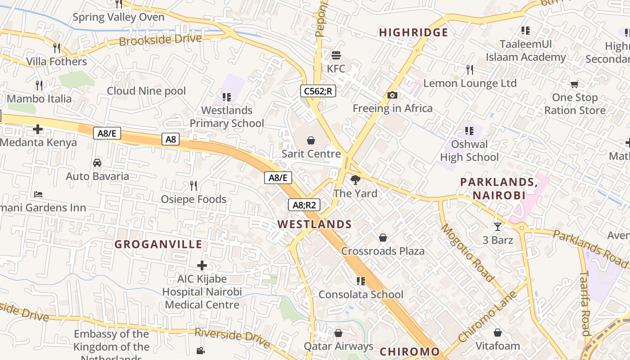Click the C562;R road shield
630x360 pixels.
coord(318,91)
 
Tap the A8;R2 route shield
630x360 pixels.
coord(304,205)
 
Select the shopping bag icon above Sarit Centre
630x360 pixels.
coord(310,141)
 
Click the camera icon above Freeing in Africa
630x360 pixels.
coord(392,95)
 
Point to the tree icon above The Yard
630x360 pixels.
coord(355,180)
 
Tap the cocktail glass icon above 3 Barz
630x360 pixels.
coord(497,227)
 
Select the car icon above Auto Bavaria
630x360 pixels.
coord(97,163)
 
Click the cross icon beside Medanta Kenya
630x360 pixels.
coord(38,130)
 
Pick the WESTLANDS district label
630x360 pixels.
coord(315,224)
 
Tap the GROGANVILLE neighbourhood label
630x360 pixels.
coord(158,244)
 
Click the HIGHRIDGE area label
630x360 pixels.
coord(414,32)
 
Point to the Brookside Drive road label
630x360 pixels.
coord(160,40)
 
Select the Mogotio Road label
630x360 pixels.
coord(467,252)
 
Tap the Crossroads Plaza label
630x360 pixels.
coord(382,251)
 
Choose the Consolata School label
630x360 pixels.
coord(361,294)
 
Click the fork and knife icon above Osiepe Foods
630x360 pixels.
coord(193,186)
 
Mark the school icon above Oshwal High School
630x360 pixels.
coord(469,131)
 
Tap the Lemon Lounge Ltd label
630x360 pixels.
coord(470,83)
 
